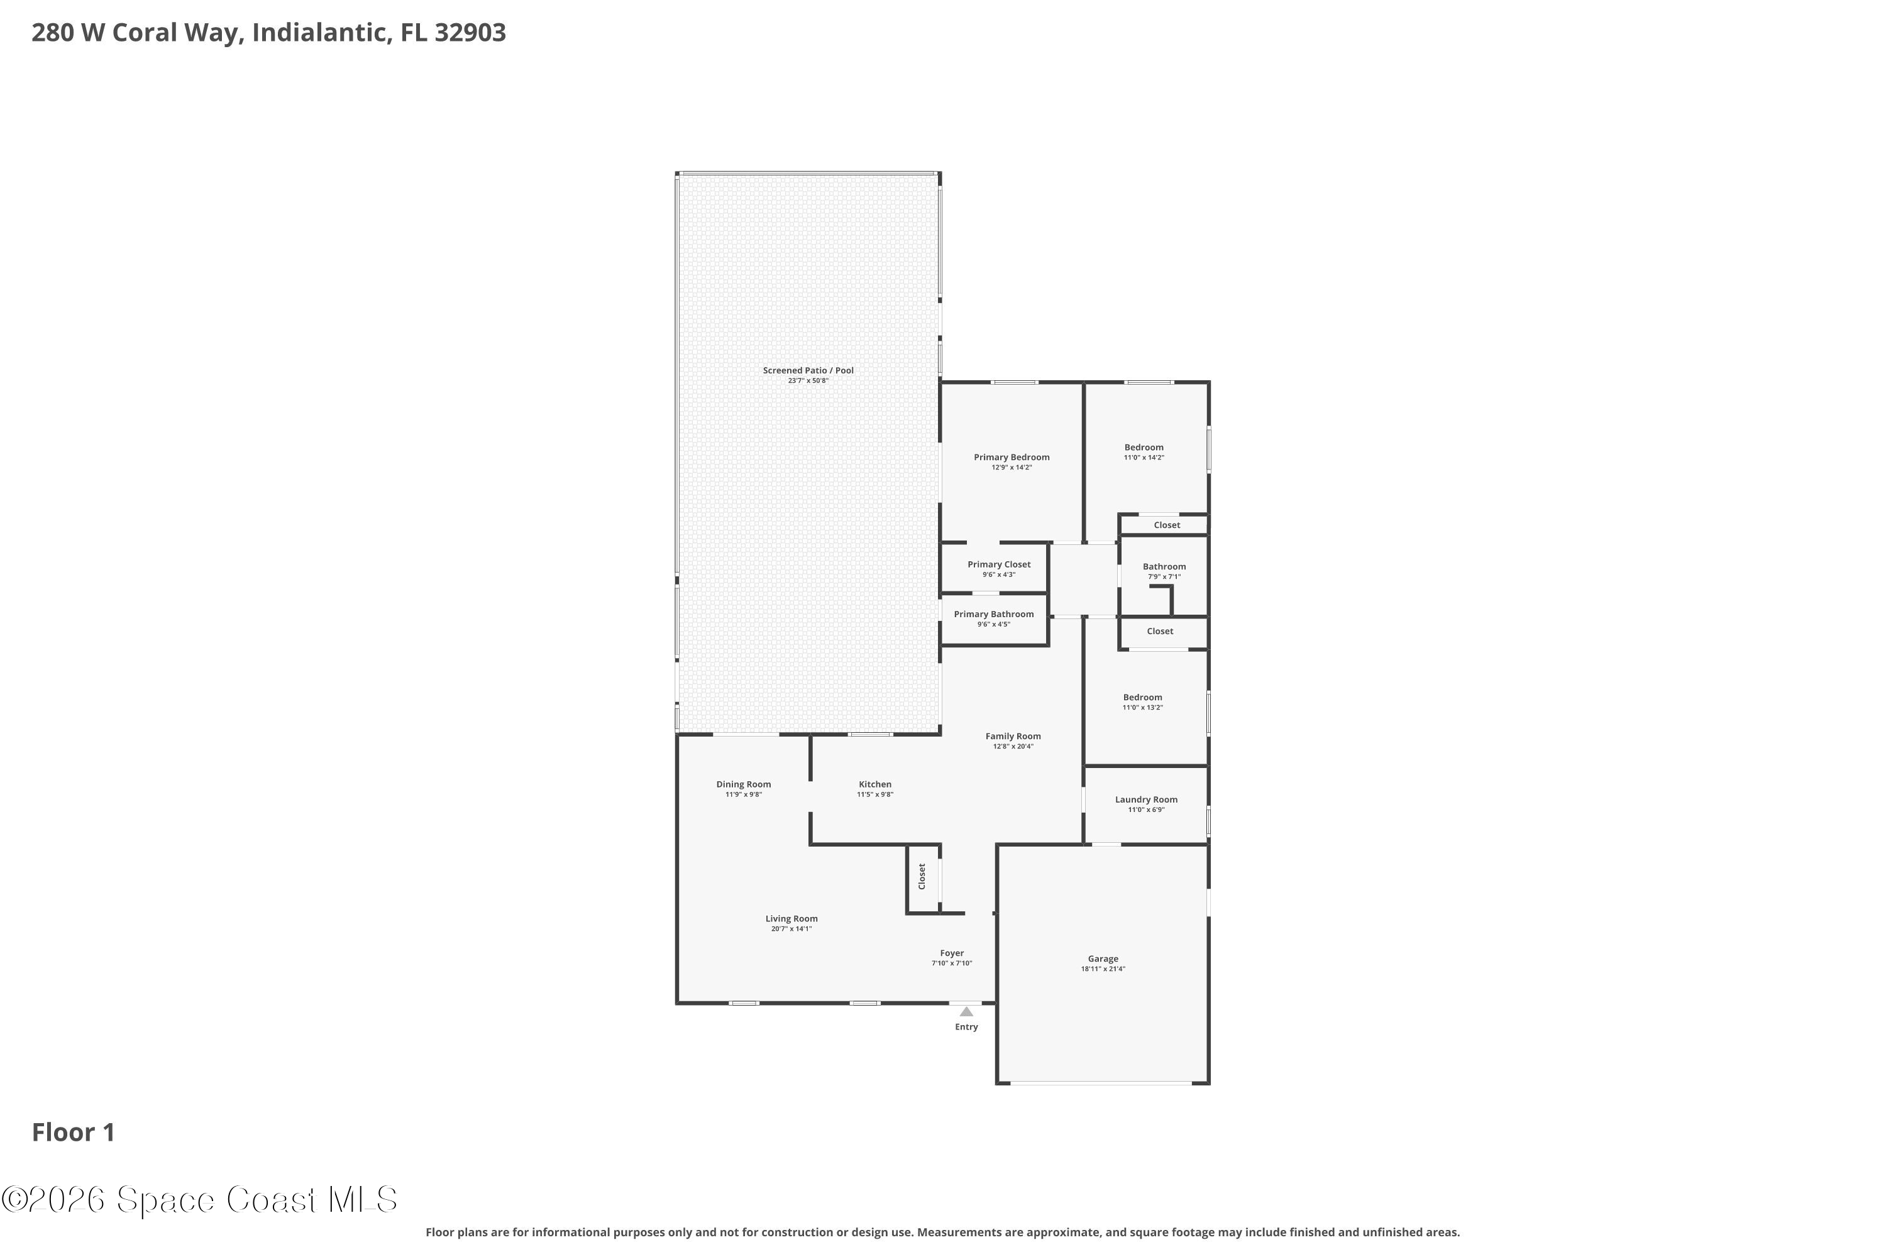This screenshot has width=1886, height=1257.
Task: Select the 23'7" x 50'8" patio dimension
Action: click(808, 381)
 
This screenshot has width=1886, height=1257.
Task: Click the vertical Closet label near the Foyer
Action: click(922, 876)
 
